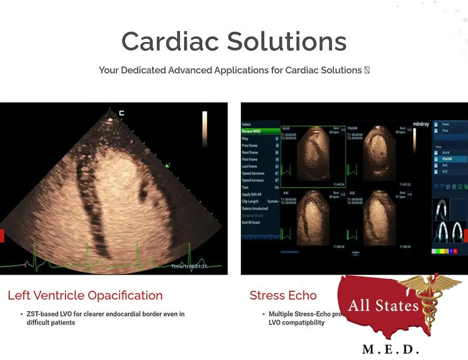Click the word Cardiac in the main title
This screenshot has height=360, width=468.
tap(170, 42)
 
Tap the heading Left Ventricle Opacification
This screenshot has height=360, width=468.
tap(85, 296)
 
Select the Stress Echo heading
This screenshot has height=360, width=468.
tap(283, 296)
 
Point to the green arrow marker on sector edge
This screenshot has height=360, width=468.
tap(168, 166)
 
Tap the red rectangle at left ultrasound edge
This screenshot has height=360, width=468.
tap(2, 236)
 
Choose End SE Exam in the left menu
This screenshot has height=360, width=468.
tap(251, 222)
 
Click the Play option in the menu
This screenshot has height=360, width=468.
tap(246, 139)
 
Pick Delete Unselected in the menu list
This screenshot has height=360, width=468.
tap(255, 208)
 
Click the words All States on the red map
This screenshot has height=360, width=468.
tap(383, 306)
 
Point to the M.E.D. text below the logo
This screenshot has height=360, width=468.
tap(390, 349)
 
